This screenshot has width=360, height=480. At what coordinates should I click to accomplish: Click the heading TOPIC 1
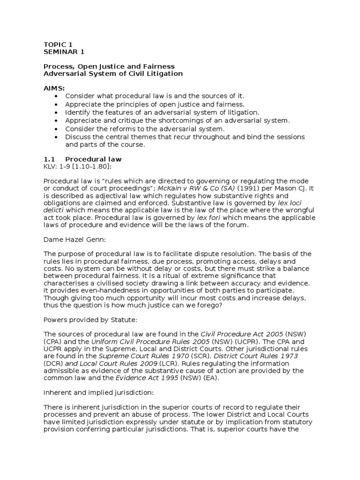58,45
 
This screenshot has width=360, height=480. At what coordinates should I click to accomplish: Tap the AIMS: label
54,88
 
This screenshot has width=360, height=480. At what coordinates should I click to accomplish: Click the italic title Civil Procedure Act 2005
241,334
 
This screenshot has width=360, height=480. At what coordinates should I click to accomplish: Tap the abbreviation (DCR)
53,364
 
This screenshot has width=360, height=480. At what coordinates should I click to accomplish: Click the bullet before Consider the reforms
57,128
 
